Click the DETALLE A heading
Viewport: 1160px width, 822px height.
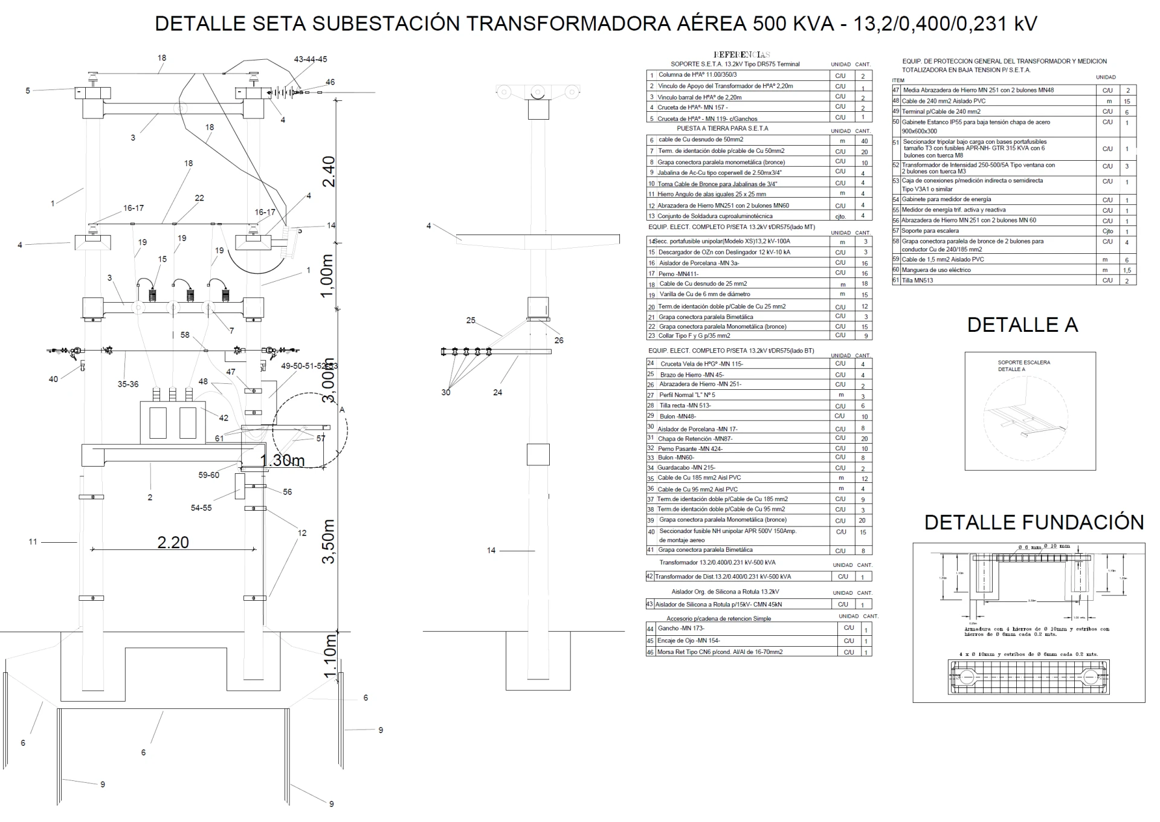click(x=1022, y=325)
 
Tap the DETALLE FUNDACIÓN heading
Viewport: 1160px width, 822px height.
click(x=1034, y=522)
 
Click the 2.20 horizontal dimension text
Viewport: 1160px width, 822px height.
click(x=173, y=542)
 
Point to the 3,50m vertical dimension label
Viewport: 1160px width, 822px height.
click(x=328, y=541)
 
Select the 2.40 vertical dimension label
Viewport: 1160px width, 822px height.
click(x=328, y=172)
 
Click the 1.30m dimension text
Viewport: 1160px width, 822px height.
click(x=282, y=460)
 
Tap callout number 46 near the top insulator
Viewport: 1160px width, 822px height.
click(x=330, y=82)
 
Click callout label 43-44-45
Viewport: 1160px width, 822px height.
click(x=311, y=59)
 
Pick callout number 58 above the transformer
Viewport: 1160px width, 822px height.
click(x=185, y=335)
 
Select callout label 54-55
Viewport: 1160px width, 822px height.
click(x=201, y=508)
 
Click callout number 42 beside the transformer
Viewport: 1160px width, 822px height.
click(x=224, y=418)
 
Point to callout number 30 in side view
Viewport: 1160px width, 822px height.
click(x=446, y=392)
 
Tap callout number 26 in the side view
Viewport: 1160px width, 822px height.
click(x=559, y=340)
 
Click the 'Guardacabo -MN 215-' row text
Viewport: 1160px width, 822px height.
click(x=686, y=468)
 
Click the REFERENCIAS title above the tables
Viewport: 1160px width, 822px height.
click(x=742, y=54)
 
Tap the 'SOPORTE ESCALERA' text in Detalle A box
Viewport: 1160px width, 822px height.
click(x=1023, y=363)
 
